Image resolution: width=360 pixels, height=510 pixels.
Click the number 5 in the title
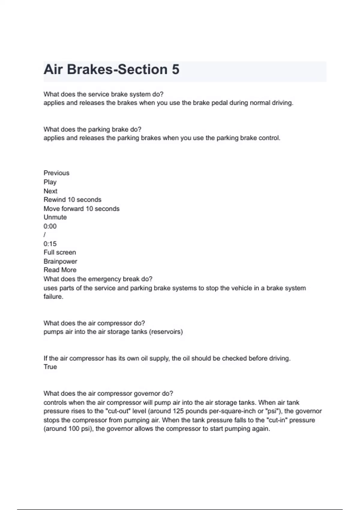[175, 70]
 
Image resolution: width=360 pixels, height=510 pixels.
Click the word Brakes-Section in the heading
[117, 70]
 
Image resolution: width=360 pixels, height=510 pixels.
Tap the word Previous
[56, 173]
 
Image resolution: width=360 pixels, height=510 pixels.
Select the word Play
[50, 182]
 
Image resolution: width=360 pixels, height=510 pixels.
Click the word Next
[50, 191]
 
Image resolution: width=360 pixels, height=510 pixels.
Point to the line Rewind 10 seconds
[72, 200]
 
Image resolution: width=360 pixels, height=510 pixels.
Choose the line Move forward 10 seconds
[81, 209]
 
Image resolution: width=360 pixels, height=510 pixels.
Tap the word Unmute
[55, 217]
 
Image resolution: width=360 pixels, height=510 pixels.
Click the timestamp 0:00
[50, 226]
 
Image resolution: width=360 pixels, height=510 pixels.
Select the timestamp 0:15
[50, 244]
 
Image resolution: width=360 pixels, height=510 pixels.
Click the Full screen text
[60, 253]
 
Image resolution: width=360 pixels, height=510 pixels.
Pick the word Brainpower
[60, 262]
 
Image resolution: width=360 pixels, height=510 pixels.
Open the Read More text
[60, 270]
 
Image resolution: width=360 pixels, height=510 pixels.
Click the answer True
[50, 367]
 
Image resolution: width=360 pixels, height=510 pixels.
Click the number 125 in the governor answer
[178, 411]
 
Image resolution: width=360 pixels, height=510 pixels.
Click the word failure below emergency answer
[53, 297]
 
